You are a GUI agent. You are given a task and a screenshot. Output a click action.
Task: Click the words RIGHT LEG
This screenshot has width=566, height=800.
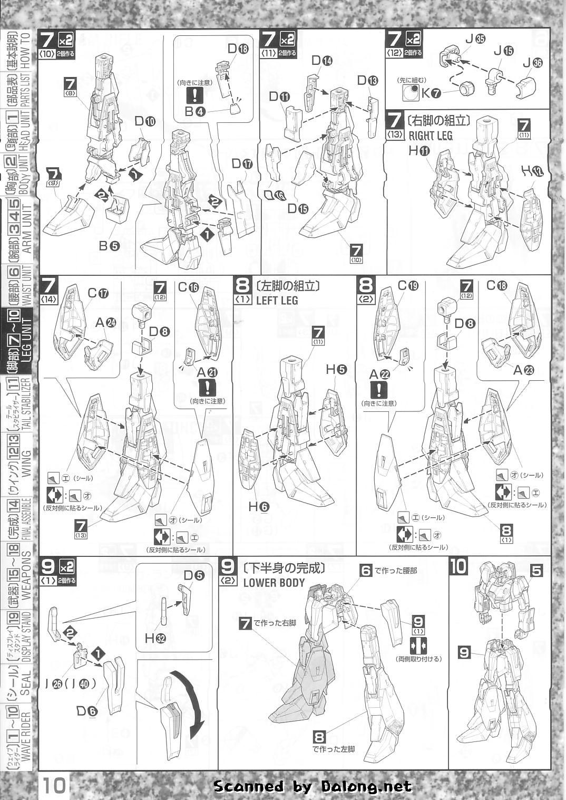point(431,135)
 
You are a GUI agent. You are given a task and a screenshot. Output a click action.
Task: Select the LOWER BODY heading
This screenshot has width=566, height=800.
point(274,583)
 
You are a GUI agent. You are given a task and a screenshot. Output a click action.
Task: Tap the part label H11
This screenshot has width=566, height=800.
point(417,150)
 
